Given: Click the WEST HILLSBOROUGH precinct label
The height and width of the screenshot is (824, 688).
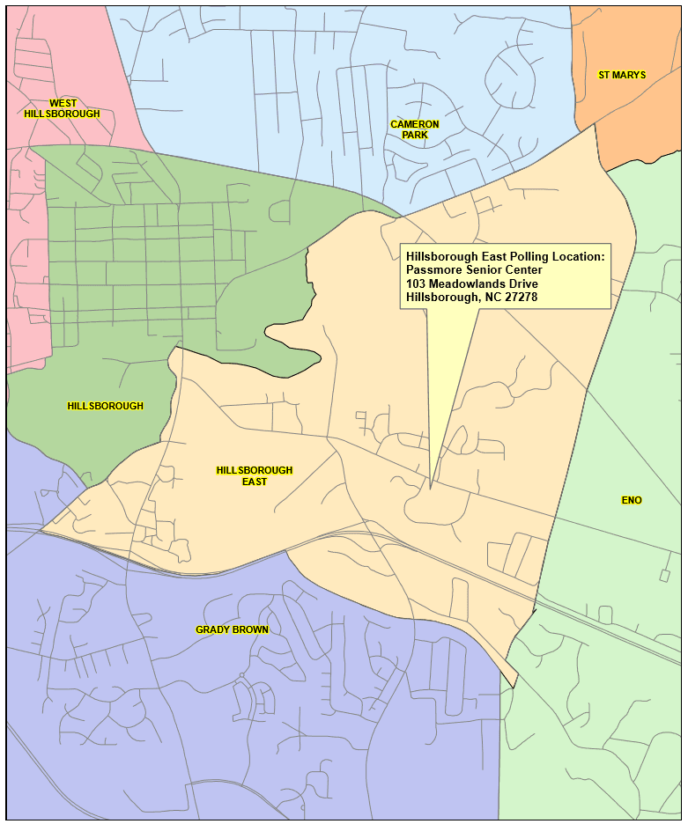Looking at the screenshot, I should (x=62, y=108).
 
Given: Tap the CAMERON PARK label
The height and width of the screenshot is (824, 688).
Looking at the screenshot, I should (x=415, y=129).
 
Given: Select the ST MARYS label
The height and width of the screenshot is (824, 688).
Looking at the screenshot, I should (x=622, y=75).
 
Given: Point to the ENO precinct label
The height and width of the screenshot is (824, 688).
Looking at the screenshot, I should (x=632, y=500).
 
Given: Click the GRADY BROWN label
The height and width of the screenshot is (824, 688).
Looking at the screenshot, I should (x=232, y=629).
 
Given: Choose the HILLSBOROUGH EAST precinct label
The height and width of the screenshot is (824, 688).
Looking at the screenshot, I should (x=255, y=476).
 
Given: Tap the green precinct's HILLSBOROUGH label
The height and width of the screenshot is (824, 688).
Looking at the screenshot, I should (x=105, y=406).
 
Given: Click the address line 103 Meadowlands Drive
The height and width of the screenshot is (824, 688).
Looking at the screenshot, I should (x=472, y=283).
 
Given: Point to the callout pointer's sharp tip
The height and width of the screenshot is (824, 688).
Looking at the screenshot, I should (x=430, y=488).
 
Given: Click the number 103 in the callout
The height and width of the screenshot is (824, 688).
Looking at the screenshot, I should (x=416, y=283).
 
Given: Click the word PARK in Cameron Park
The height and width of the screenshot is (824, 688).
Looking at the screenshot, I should (x=415, y=135).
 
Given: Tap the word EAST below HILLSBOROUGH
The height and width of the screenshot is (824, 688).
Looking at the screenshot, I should (x=255, y=482).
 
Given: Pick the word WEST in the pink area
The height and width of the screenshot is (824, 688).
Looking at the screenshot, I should (x=63, y=103).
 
